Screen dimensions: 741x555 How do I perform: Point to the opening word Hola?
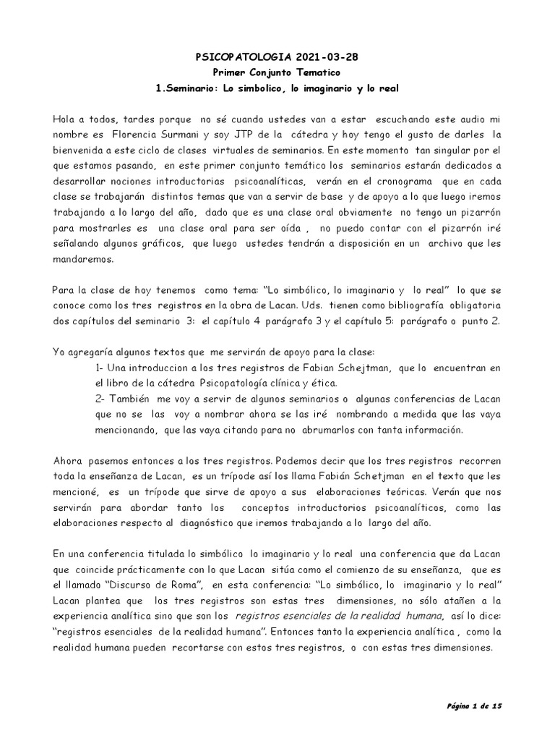(65, 118)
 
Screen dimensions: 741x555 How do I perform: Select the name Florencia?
(137, 134)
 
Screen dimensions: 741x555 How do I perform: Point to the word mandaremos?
(82, 261)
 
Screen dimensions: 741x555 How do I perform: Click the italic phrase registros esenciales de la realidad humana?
(339, 616)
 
